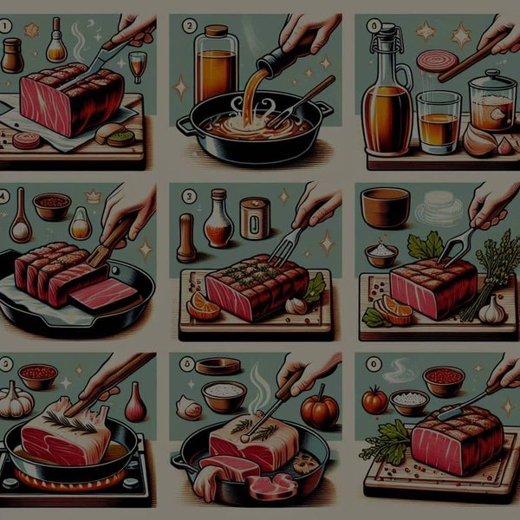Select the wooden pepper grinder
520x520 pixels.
185,238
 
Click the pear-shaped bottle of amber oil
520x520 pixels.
81,224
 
